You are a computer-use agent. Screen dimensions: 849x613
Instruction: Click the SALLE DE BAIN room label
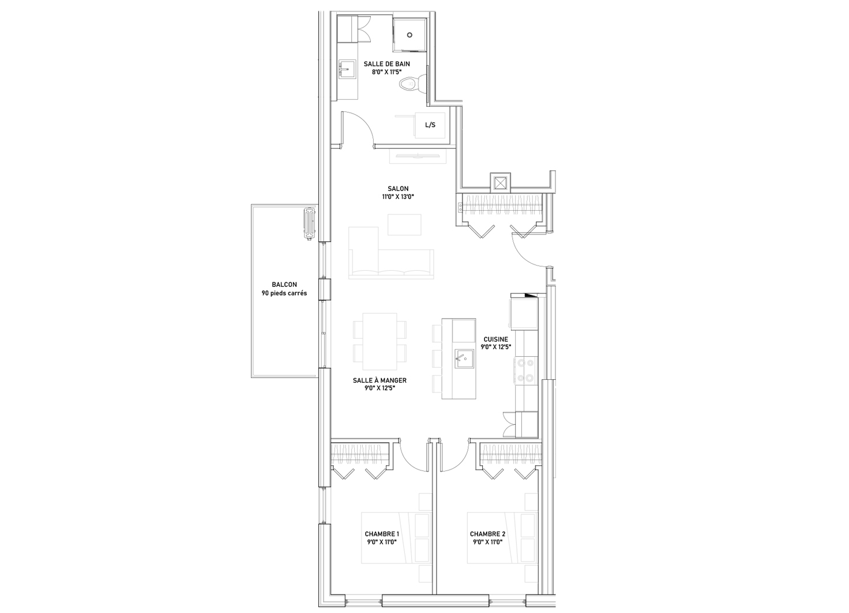point(386,64)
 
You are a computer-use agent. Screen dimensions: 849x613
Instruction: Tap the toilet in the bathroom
point(413,83)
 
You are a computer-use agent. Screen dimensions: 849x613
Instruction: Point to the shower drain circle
point(410,35)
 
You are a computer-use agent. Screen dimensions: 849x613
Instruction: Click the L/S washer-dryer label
point(430,125)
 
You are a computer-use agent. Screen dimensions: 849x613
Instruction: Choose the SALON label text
point(398,189)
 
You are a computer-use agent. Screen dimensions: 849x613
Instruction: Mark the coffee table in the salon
point(404,225)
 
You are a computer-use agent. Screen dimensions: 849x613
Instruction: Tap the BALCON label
point(284,285)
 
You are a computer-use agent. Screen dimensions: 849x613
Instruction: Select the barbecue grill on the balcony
point(310,224)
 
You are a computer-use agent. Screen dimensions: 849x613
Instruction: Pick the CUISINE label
point(496,339)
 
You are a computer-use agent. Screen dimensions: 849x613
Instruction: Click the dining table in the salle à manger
point(380,341)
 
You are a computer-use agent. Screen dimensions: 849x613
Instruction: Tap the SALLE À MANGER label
point(380,380)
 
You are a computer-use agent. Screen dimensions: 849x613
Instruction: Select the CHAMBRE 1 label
point(382,534)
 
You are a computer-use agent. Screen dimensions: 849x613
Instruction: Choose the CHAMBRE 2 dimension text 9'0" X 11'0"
point(487,542)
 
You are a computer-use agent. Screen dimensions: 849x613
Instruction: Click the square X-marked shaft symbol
point(500,183)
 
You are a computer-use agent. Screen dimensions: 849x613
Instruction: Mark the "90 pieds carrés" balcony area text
point(284,293)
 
